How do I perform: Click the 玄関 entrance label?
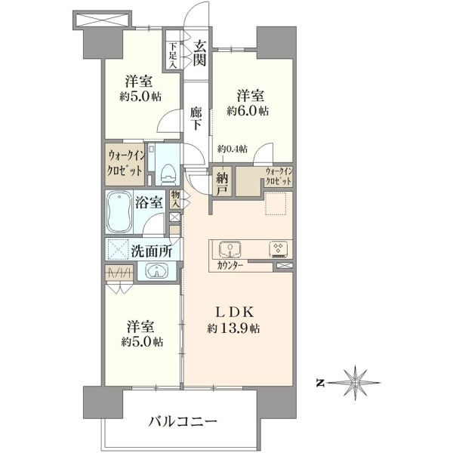199,53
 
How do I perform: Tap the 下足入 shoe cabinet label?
173,55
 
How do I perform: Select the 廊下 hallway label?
196,119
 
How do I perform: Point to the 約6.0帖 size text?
248,111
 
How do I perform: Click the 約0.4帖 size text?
233,149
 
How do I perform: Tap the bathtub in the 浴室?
119,211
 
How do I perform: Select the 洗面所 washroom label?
152,251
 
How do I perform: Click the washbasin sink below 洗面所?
157,271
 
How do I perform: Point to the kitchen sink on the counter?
230,248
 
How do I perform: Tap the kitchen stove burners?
279,249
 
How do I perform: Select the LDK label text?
235,312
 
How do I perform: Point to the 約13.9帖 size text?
233,328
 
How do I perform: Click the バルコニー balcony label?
183,422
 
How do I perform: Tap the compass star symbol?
356,383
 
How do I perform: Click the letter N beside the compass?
320,384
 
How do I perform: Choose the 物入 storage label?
175,199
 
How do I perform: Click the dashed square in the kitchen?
276,204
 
